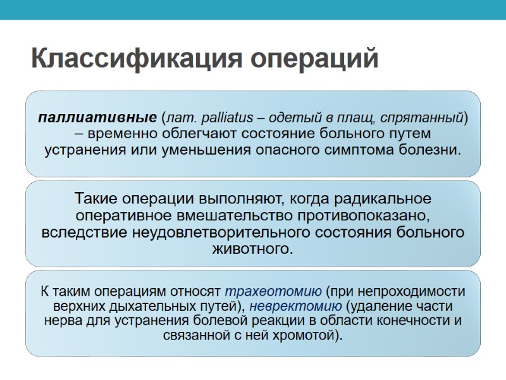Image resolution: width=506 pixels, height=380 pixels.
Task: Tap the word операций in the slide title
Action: [314, 59]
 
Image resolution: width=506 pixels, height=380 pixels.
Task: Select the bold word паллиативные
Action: [97, 118]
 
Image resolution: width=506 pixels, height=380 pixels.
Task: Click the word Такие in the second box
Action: [97, 199]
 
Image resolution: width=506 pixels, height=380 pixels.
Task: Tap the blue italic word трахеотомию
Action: [273, 292]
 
